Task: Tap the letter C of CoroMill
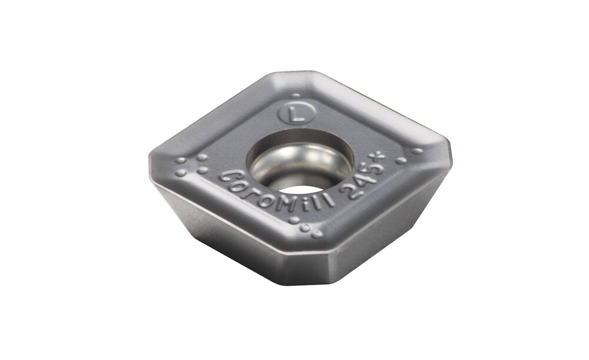[x=229, y=177]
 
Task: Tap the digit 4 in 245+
[x=361, y=180]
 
